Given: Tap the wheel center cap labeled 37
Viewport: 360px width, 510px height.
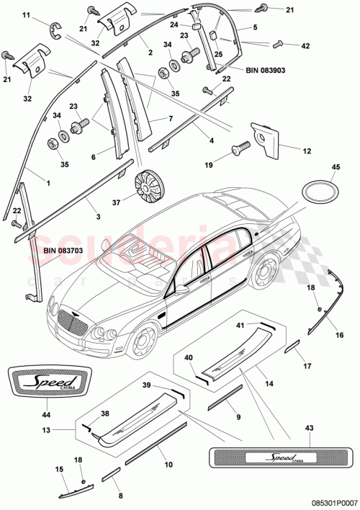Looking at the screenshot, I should tap(150, 185).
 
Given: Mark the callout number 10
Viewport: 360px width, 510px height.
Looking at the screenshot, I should tap(170, 465).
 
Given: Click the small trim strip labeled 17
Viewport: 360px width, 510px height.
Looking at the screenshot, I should tap(294, 348).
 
